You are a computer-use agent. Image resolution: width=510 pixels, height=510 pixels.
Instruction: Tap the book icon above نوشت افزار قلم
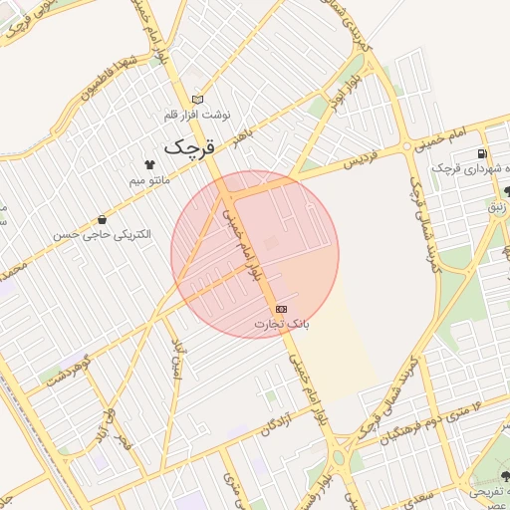coord(197,100)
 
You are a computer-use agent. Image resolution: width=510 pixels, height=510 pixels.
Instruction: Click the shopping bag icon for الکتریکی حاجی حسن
coord(102,220)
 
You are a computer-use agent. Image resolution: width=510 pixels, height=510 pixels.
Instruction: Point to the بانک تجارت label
coord(282,324)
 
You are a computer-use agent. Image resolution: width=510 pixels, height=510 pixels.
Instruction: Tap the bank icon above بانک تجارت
coord(281,309)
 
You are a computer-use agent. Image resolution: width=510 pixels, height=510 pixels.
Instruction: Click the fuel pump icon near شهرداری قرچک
coord(482,154)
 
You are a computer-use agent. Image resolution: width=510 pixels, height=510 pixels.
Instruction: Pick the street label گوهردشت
coord(69,370)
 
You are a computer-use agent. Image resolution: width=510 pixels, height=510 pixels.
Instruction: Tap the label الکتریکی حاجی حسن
coord(101,235)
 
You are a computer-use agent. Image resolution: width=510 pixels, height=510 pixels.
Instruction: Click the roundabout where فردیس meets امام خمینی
coord(407,146)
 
